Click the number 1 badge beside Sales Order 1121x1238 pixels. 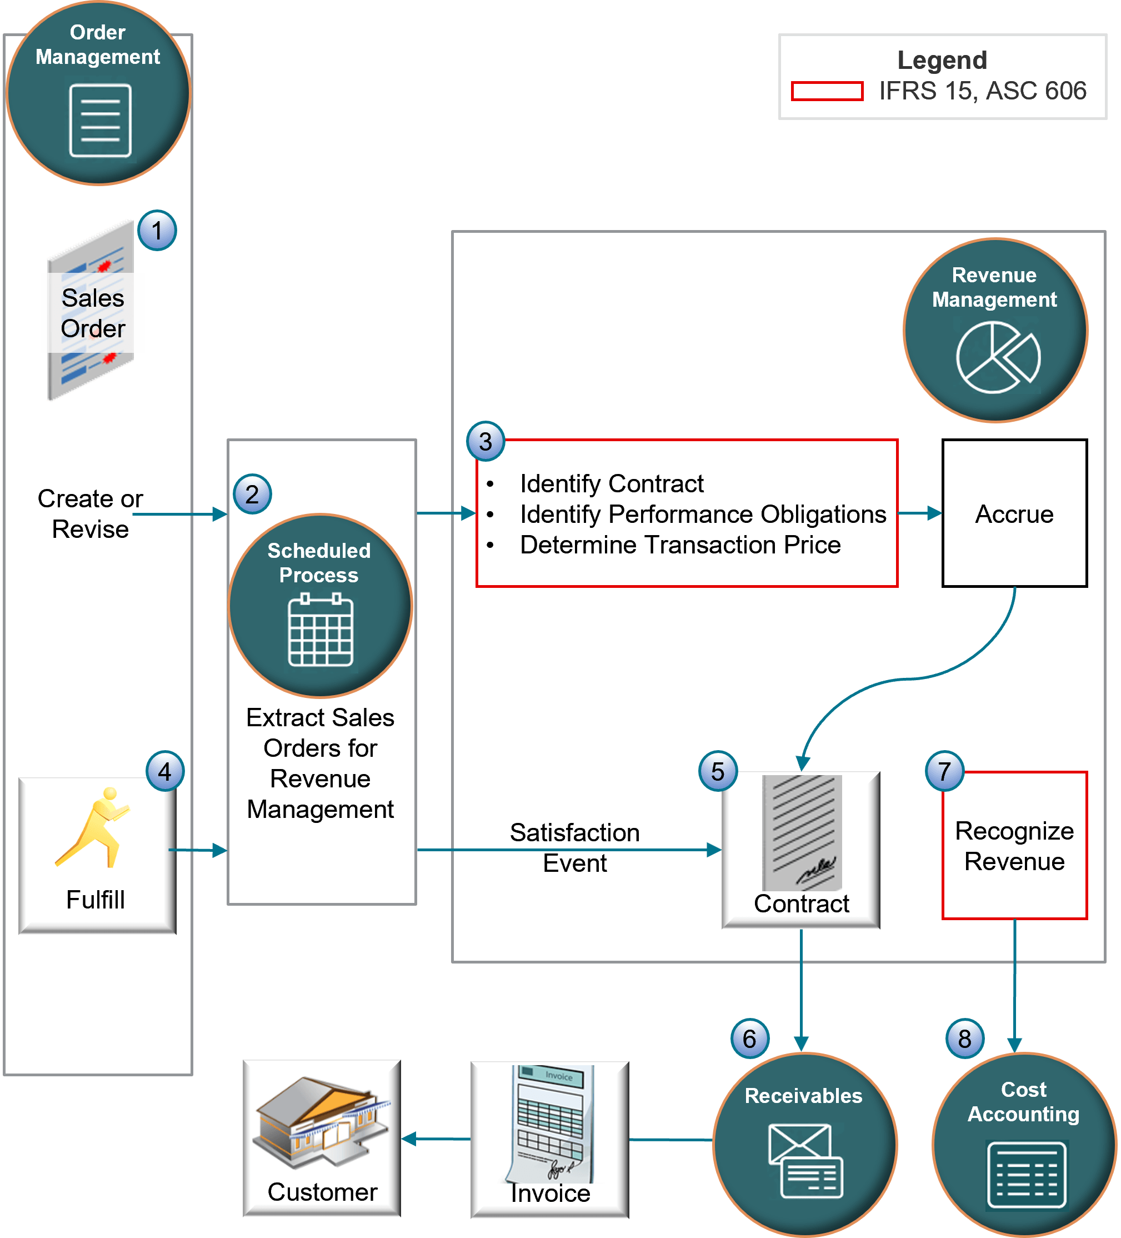157,231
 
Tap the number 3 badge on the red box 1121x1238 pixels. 486,442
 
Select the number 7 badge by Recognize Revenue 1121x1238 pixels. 945,771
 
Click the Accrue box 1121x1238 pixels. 1014,513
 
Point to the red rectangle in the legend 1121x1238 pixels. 827,91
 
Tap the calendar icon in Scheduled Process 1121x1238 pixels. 321,630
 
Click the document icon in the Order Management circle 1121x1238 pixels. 100,121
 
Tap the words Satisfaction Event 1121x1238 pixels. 574,847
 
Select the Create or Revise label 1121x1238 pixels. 89,513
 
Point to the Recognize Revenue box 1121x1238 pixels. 1014,846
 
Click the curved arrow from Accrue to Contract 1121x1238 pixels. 909,678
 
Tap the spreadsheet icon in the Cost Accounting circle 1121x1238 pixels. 1027,1175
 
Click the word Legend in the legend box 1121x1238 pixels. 942,60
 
